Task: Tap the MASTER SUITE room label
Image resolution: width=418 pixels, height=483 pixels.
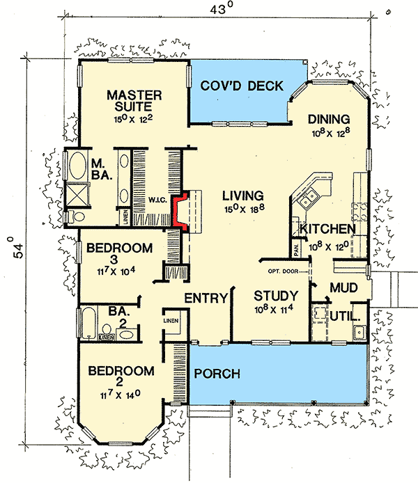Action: point(135,101)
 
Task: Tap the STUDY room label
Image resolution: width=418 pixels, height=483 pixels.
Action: point(276,294)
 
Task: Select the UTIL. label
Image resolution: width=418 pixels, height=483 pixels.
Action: point(344,316)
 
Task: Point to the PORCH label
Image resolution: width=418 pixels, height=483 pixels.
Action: point(217,374)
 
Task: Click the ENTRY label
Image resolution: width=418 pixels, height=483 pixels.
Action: point(206,299)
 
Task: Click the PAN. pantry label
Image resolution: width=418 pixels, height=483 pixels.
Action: point(295,246)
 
